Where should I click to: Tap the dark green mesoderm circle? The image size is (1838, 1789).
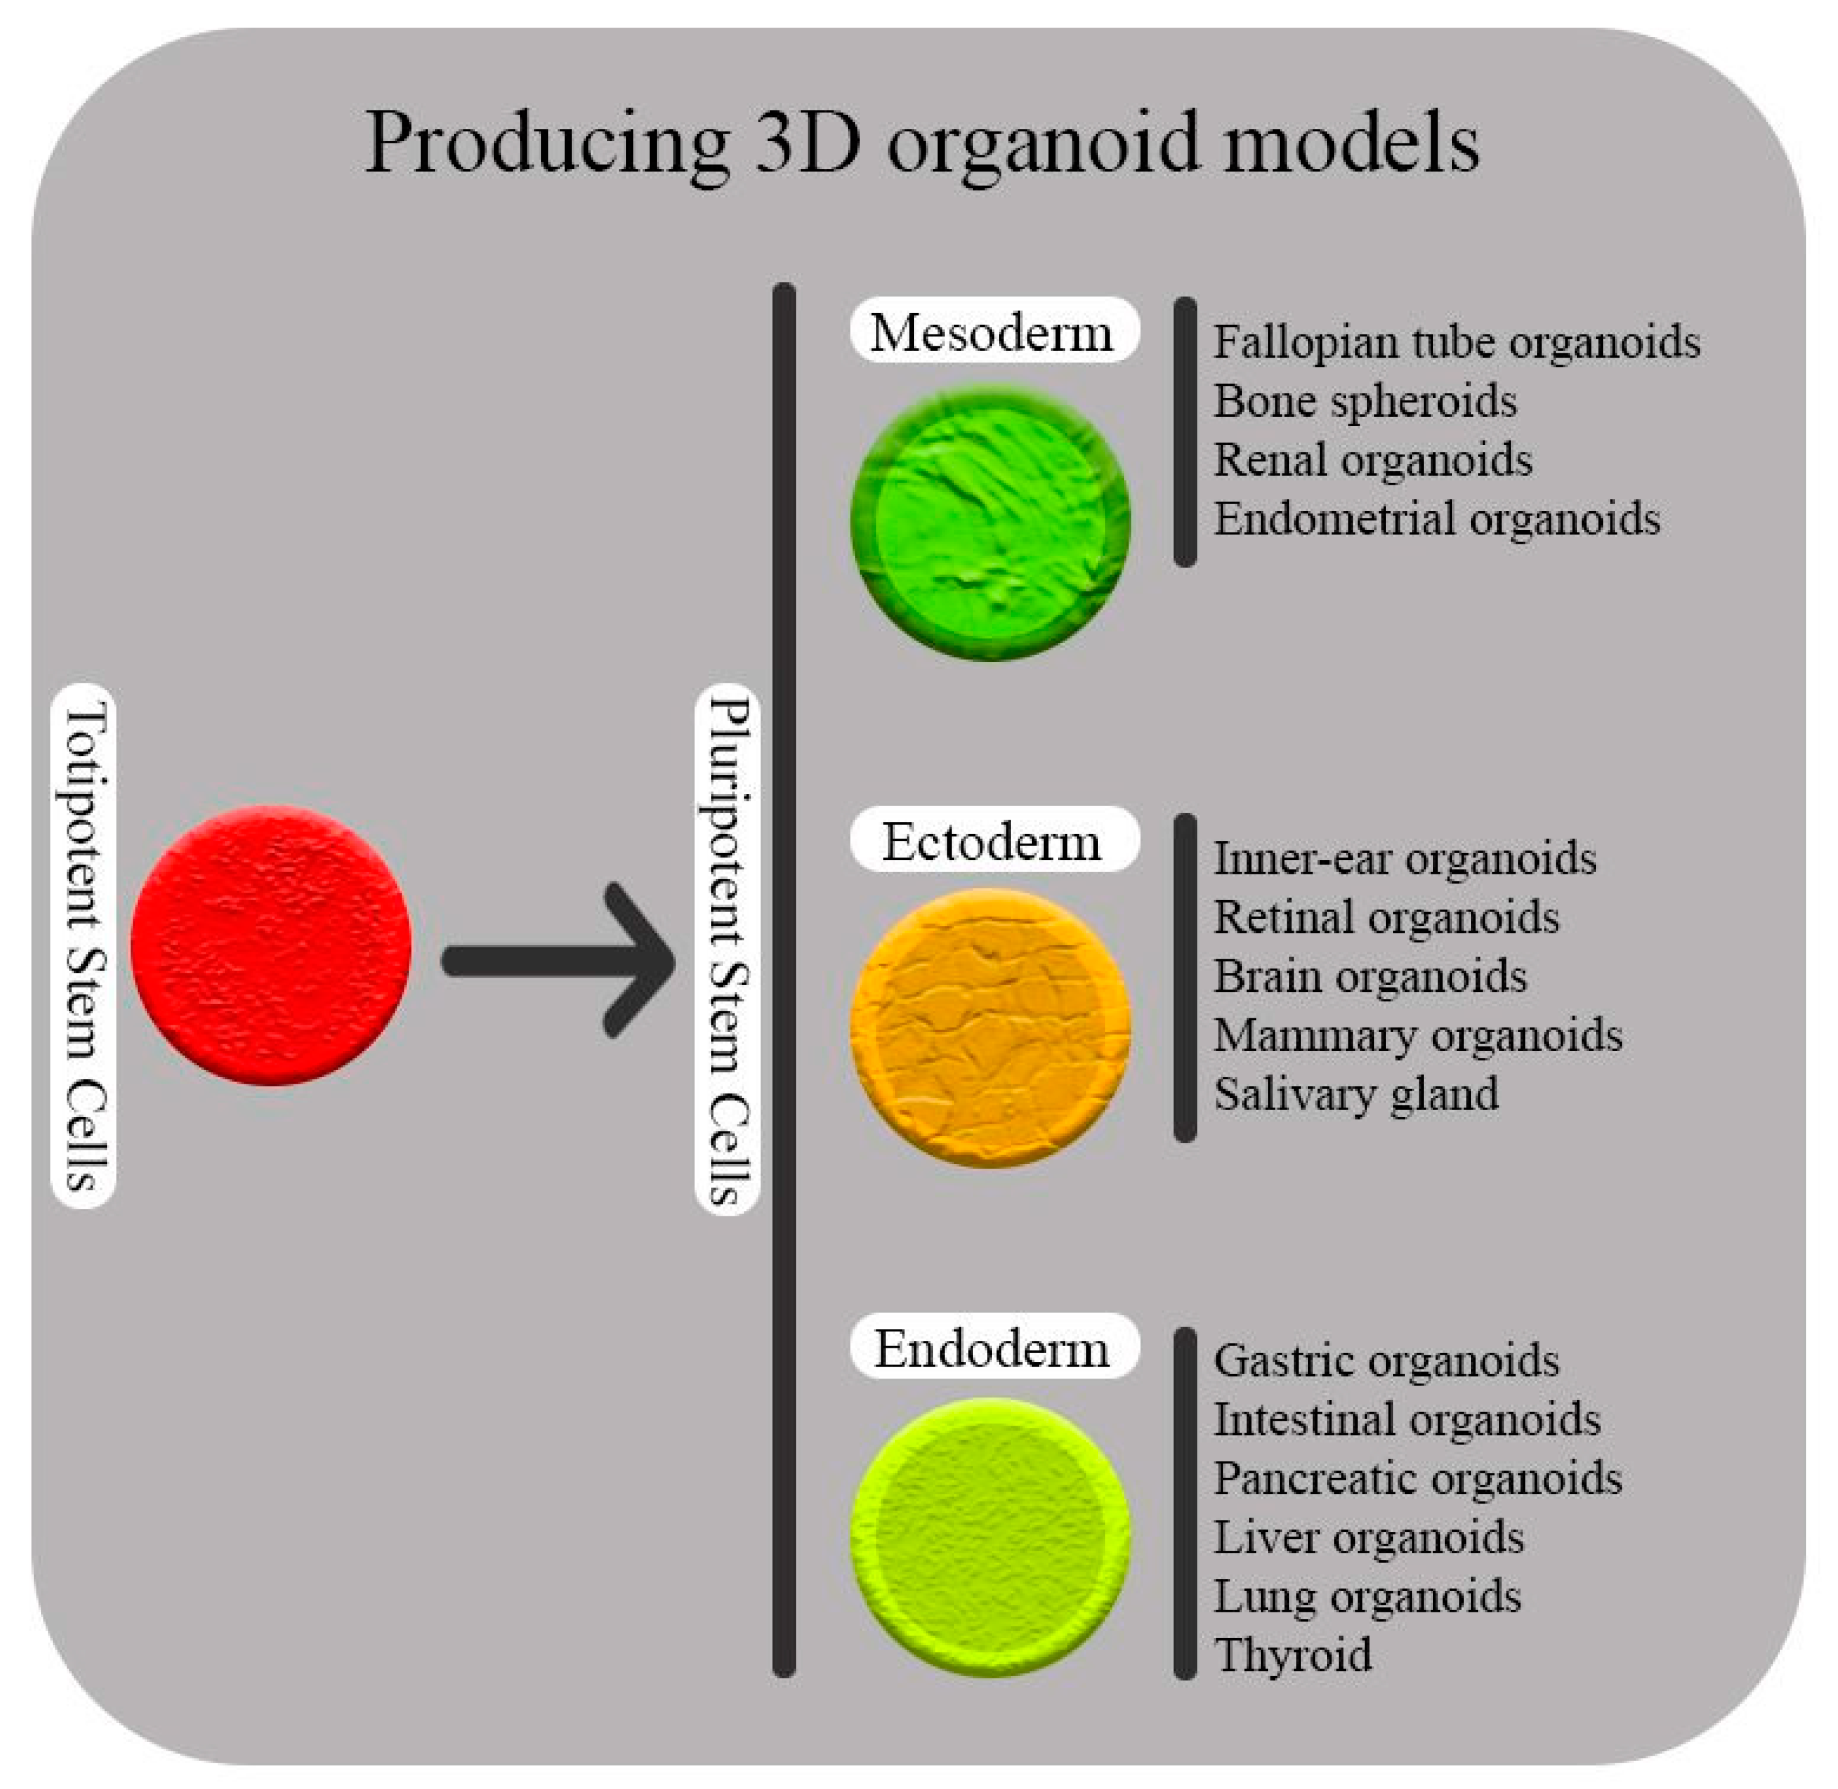pyautogui.click(x=991, y=522)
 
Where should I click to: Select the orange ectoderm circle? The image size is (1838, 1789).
pyautogui.click(x=991, y=1027)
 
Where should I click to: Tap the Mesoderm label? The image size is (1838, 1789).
pyautogui.click(x=993, y=331)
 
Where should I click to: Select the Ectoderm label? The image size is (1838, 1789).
pyautogui.click(x=993, y=840)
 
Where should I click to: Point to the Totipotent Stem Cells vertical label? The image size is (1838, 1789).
pyautogui.click(x=85, y=945)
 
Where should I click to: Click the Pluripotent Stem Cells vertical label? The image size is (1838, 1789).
pyautogui.click(x=727, y=949)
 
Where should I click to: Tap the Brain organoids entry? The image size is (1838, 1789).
pyautogui.click(x=1369, y=976)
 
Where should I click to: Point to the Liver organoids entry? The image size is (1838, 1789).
pyautogui.click(x=1367, y=1537)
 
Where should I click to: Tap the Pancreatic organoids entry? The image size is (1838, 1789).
pyautogui.click(x=1416, y=1478)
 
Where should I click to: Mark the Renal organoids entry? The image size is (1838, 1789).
pyautogui.click(x=1372, y=460)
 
